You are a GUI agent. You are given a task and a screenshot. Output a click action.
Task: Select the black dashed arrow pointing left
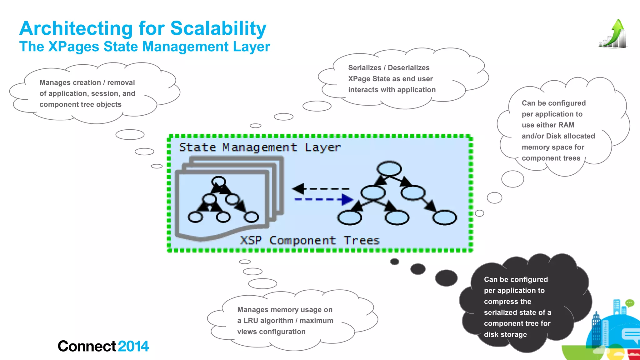pos(320,189)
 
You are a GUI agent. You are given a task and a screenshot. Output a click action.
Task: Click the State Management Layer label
pos(259,147)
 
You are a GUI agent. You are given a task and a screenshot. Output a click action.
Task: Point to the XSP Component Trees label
pos(309,241)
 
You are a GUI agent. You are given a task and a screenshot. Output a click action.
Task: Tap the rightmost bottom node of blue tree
pos(444,217)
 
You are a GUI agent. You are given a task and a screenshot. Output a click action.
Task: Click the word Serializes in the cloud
pos(365,68)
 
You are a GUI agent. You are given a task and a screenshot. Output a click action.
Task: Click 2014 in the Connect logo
pos(133,346)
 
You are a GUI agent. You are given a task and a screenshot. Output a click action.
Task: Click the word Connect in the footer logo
pos(87,346)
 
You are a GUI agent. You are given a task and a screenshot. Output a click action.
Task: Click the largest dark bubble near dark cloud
pos(446,278)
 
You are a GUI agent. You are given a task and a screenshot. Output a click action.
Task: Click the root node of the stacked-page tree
pos(218,182)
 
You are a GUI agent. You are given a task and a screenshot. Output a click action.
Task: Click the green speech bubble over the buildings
pos(630,303)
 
